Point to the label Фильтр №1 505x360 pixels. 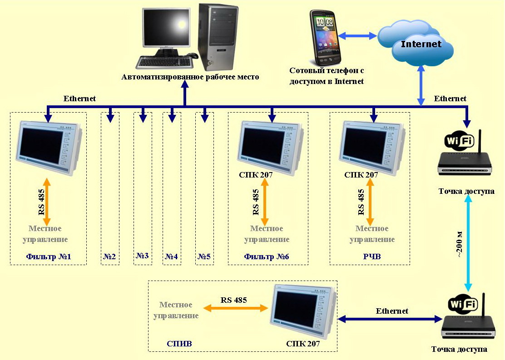coord(49,257)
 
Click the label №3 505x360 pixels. coord(143,256)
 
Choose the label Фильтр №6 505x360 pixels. coord(267,257)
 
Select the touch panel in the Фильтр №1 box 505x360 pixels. coord(48,148)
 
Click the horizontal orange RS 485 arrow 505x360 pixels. coord(235,308)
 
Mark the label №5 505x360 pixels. coord(204,257)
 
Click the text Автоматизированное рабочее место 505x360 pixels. coord(190,77)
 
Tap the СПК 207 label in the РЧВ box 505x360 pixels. coord(361,174)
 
